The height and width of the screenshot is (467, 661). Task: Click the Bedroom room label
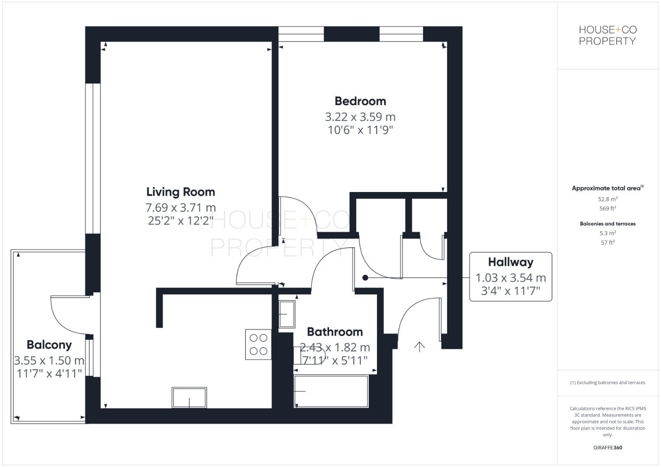(x=360, y=101)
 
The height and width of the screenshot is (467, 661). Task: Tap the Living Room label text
(x=181, y=192)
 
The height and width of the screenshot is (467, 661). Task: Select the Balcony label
(x=49, y=345)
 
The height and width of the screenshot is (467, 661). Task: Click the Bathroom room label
(x=335, y=332)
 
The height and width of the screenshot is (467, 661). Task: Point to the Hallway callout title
(x=510, y=262)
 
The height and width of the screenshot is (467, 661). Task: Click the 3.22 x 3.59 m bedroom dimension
(x=360, y=117)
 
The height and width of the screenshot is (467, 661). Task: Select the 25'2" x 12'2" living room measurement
(x=181, y=221)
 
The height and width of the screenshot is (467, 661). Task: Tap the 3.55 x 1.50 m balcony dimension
(x=49, y=360)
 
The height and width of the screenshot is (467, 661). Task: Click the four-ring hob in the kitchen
(x=258, y=344)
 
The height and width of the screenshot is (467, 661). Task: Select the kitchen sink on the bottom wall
(x=189, y=397)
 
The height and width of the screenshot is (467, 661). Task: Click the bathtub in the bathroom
(x=331, y=391)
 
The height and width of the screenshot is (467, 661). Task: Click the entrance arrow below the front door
(x=419, y=346)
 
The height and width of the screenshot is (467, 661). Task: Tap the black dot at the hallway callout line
(x=365, y=278)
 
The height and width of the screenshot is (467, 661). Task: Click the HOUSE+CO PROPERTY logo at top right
(x=607, y=35)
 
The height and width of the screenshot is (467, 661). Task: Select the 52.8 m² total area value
(x=607, y=199)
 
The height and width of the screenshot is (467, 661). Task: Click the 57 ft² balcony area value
(x=607, y=243)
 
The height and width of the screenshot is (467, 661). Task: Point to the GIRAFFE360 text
(x=607, y=448)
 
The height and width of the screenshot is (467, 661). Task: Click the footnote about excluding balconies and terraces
(x=607, y=383)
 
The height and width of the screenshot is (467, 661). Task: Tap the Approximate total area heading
(x=607, y=188)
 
